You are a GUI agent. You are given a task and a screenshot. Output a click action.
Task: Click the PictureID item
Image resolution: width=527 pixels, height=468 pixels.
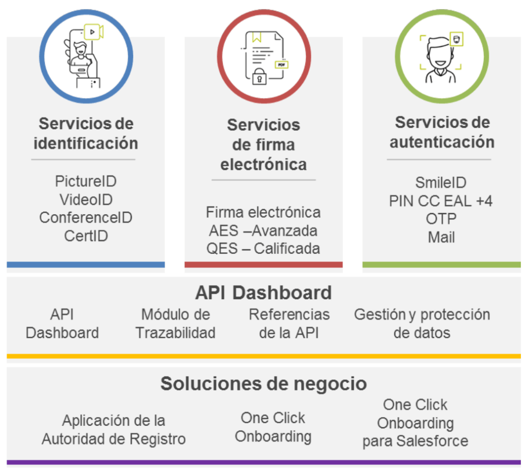[x=85, y=181]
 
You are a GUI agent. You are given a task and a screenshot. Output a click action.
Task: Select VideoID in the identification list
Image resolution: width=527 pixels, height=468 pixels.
[x=85, y=199]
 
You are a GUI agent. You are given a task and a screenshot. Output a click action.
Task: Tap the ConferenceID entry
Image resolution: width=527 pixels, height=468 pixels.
[x=85, y=217]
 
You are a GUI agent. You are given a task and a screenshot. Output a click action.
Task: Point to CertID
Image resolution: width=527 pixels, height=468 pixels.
[x=85, y=236]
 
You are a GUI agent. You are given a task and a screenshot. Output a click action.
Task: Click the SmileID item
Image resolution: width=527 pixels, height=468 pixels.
[x=441, y=183]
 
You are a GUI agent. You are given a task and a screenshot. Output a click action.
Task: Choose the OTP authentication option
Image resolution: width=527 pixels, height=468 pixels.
[x=441, y=219]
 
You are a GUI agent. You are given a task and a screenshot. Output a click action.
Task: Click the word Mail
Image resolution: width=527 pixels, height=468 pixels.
[x=441, y=237]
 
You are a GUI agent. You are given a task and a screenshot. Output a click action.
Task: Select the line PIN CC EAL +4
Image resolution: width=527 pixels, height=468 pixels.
[x=441, y=201]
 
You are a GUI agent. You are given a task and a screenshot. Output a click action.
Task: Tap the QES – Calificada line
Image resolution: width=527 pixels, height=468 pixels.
[x=263, y=248]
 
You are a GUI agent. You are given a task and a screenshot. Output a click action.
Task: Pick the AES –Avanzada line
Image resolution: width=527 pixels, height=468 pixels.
[x=263, y=230]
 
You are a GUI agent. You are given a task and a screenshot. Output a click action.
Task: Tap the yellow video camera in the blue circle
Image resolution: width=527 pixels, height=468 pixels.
[x=94, y=32]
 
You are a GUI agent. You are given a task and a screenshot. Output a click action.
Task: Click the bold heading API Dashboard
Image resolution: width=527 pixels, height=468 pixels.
[x=263, y=292]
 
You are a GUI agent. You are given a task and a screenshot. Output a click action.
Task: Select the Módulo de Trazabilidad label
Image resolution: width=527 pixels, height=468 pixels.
[x=175, y=323]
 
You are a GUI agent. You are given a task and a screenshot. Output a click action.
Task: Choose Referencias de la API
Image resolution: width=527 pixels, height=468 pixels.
[x=289, y=323]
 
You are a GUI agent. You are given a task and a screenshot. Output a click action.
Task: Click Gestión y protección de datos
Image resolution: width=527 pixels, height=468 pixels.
[x=421, y=323]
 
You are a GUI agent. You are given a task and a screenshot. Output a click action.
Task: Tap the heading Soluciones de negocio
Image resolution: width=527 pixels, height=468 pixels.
[x=263, y=384]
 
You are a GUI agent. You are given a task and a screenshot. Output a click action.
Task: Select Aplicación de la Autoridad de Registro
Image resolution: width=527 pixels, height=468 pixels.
[x=114, y=430]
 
